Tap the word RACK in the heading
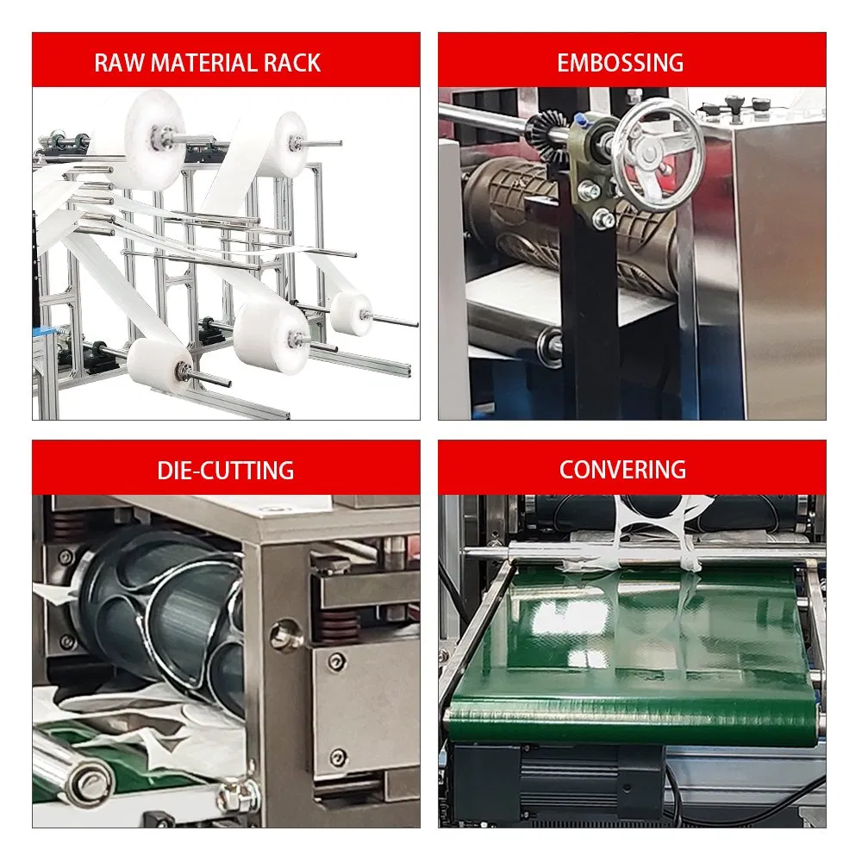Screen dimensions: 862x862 [x=293, y=63]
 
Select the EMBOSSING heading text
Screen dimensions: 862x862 [x=621, y=63]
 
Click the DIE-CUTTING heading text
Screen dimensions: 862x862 [x=226, y=471]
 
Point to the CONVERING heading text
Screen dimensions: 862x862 [x=622, y=470]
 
